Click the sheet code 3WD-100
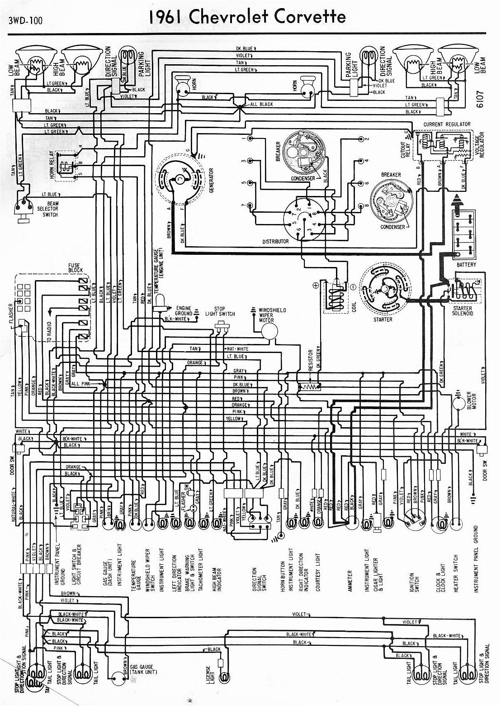click(25, 20)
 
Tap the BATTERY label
click(466, 264)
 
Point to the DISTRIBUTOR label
click(275, 241)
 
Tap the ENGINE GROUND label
click(184, 310)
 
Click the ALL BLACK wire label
click(261, 104)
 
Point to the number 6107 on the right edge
click(480, 99)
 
